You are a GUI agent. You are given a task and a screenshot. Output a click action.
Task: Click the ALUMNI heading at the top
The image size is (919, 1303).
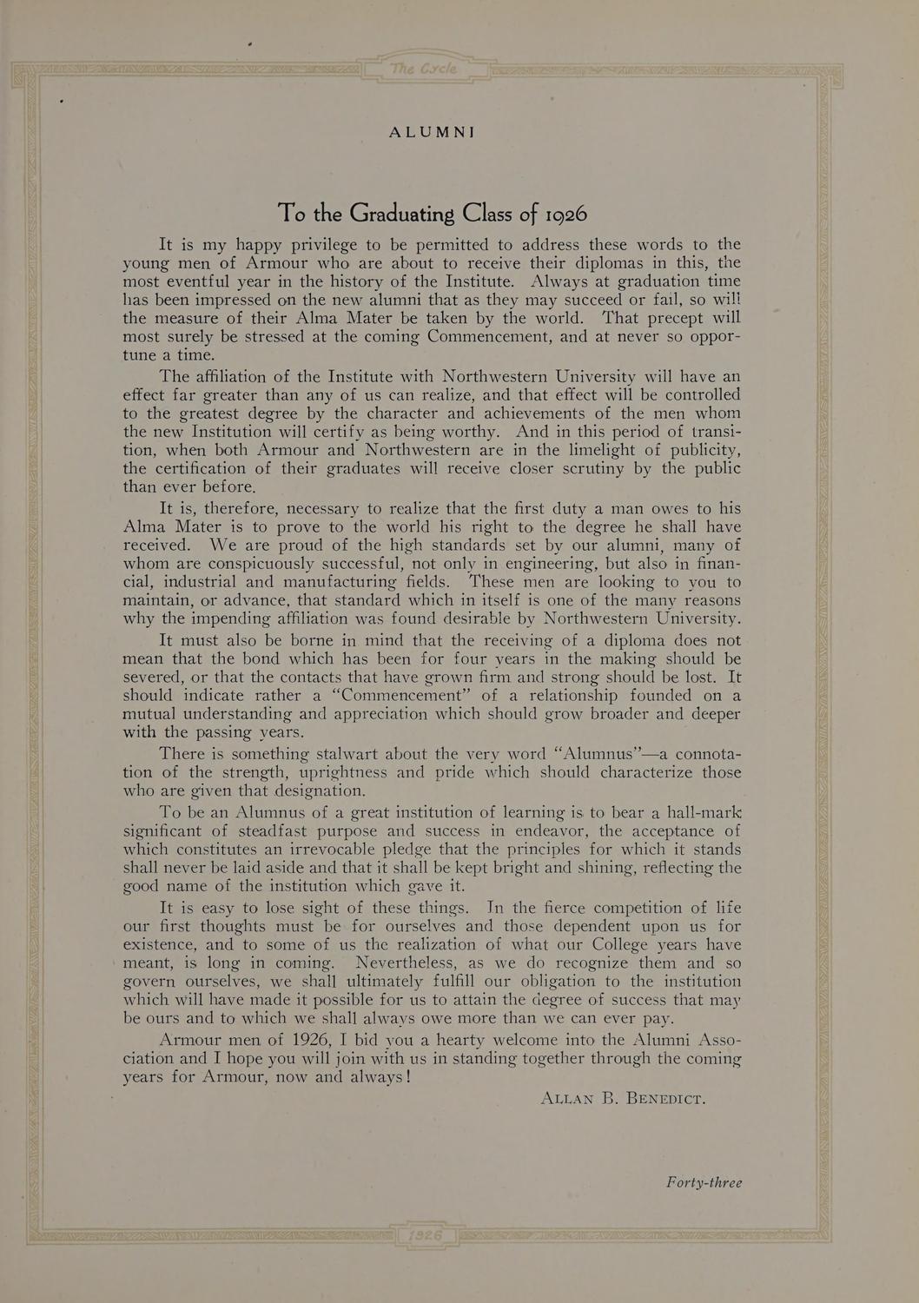coord(432,132)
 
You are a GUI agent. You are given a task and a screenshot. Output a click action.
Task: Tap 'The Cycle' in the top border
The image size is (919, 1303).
coord(425,69)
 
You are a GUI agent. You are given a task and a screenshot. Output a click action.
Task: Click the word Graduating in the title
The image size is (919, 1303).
coord(402,213)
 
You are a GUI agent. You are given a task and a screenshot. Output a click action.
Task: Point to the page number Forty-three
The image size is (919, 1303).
coord(704,1182)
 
